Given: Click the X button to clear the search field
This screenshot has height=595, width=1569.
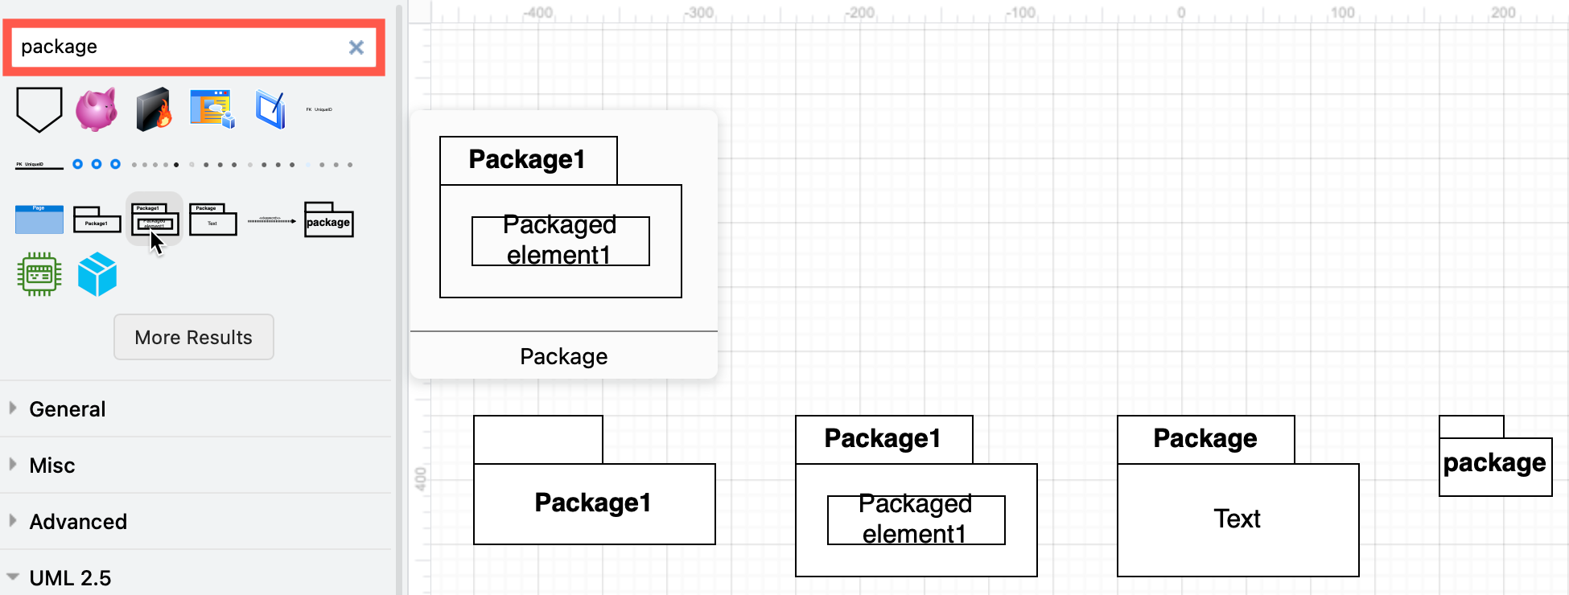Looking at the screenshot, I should [356, 47].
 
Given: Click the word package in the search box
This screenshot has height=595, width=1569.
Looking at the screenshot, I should [59, 47].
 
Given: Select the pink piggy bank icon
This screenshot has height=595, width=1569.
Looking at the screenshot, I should [97, 109].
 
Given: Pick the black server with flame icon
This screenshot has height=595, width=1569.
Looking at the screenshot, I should [153, 109].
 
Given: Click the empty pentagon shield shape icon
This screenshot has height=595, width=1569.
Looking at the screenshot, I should [39, 109].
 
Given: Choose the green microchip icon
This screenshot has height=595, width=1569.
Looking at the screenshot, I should [39, 274].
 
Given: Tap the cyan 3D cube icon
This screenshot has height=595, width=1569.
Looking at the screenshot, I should [97, 274].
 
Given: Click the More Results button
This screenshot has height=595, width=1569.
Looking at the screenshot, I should [193, 338].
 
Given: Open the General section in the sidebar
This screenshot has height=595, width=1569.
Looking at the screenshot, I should [68, 409].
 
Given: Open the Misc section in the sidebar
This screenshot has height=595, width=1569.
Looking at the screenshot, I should [52, 466].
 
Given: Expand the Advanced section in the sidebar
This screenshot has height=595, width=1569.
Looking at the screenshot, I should [78, 522].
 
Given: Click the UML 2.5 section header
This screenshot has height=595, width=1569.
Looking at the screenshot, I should [70, 578].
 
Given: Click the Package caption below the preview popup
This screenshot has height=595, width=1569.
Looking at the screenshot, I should [563, 357].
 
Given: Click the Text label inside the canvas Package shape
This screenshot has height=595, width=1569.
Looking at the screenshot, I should [1237, 519].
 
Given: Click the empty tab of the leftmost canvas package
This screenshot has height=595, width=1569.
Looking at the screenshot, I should [537, 439].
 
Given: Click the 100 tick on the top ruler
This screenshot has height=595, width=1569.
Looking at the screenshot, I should [1342, 13].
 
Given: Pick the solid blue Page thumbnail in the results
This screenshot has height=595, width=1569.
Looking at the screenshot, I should [39, 220].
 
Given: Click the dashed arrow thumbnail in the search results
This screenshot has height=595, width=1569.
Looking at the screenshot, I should [271, 220].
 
